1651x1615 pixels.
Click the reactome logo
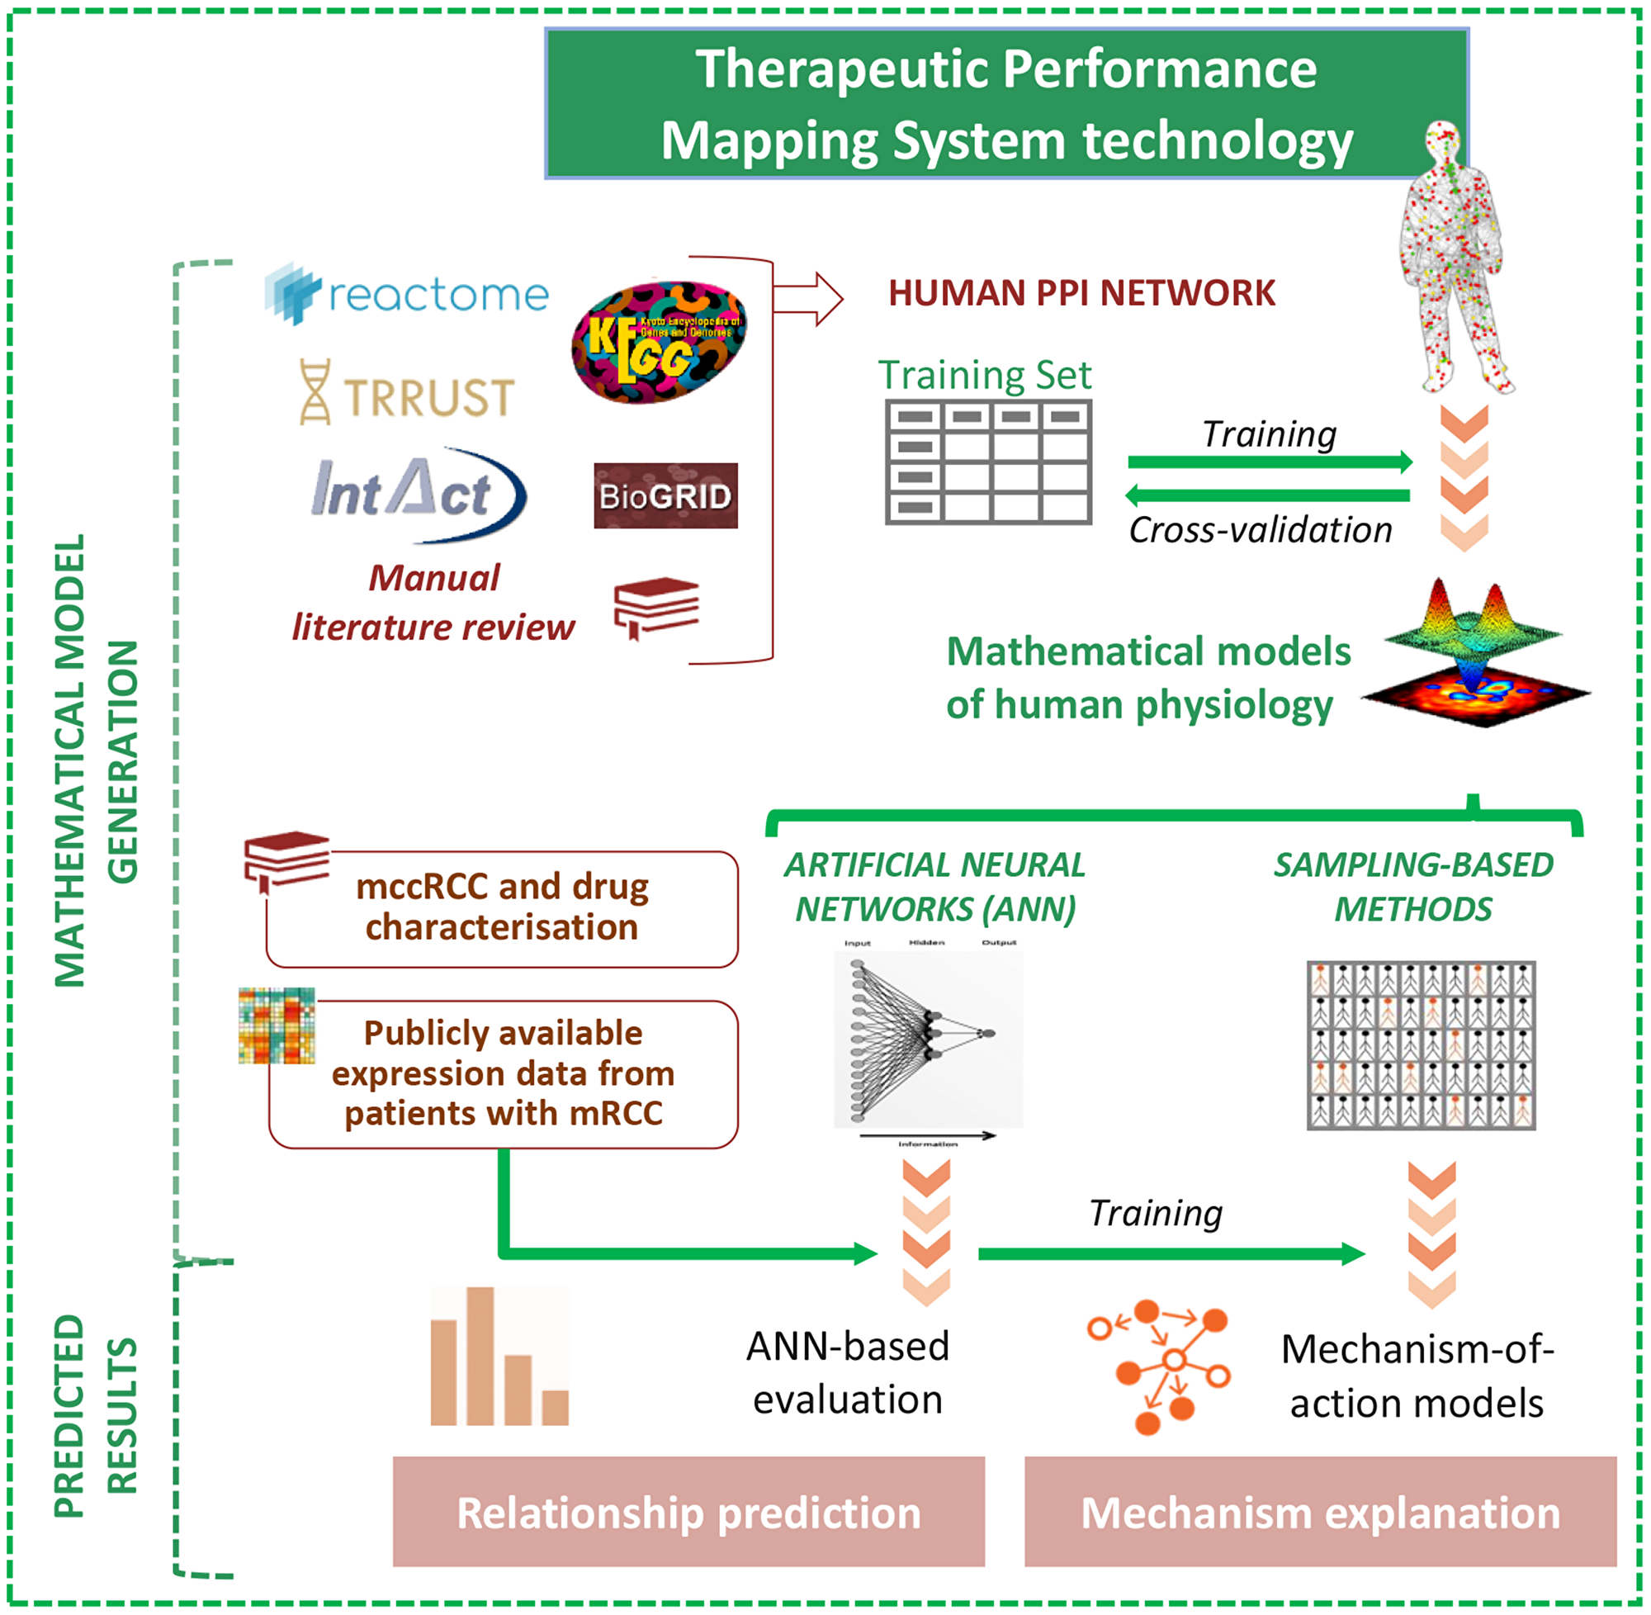tap(407, 293)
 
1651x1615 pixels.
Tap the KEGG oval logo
tap(659, 342)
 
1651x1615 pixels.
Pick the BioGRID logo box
tap(665, 495)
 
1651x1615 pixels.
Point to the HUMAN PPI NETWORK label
tap(1081, 292)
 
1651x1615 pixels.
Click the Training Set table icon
tap(988, 462)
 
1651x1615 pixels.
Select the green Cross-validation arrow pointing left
tap(1267, 495)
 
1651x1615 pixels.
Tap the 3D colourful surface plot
tap(1475, 653)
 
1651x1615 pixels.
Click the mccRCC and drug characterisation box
tap(502, 907)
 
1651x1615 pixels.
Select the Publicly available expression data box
tap(503, 1073)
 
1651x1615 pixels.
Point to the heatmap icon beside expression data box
tap(277, 1025)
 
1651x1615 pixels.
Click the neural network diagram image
tap(929, 1039)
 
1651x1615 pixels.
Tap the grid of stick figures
tap(1421, 1045)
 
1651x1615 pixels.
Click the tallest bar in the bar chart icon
tap(480, 1356)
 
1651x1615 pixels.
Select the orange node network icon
tap(1158, 1367)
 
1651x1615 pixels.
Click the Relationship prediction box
tap(688, 1513)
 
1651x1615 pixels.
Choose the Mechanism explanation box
tap(1320, 1513)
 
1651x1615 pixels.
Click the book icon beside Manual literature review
tap(655, 608)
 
